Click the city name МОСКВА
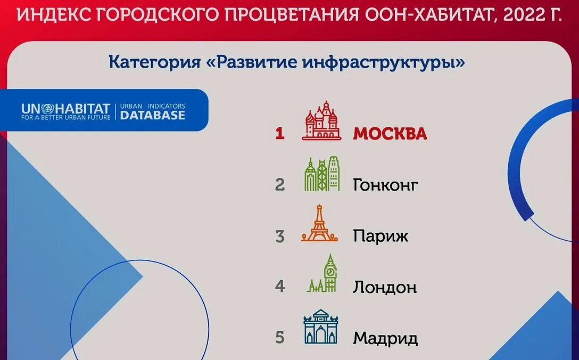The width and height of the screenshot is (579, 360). point(390,134)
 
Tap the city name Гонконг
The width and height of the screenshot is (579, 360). point(385,185)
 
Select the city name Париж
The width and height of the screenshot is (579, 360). point(381,236)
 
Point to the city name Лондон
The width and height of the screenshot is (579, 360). point(384,288)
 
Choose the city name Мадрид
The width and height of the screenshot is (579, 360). point(385,338)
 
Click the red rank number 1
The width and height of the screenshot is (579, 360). point(279,134)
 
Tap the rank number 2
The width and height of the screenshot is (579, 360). point(280,185)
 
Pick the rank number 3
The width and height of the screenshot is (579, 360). point(280,236)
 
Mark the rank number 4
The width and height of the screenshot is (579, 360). point(280,287)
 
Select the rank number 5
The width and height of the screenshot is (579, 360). point(280,338)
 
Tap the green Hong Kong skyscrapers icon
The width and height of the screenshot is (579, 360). point(321,174)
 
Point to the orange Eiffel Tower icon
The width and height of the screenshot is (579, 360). point(319,224)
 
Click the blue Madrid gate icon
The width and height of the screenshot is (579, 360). point(320,326)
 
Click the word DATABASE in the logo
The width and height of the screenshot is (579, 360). point(153,115)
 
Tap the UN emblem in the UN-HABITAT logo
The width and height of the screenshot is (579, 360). point(45,109)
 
